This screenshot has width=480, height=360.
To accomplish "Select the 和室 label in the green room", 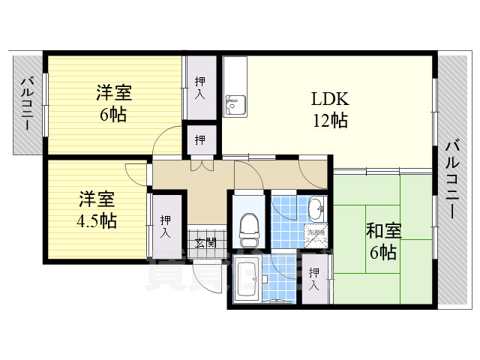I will [x=383, y=231].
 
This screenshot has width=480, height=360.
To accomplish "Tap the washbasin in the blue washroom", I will [x=316, y=209].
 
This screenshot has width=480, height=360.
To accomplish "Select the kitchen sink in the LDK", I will [x=235, y=106].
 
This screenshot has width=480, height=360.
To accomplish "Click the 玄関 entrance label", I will [x=205, y=242].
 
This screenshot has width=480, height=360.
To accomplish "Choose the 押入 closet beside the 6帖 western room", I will [x=200, y=87].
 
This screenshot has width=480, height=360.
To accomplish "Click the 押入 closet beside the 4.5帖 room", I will [x=165, y=226].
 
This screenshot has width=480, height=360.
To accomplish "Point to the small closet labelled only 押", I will [x=200, y=139].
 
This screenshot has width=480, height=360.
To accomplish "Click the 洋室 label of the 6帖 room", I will [x=114, y=94].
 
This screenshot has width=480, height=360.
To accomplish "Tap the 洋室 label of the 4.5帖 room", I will [x=97, y=199].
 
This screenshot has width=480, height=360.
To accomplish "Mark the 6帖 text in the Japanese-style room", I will [x=383, y=252].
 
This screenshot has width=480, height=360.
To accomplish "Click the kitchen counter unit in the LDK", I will [x=235, y=87].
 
